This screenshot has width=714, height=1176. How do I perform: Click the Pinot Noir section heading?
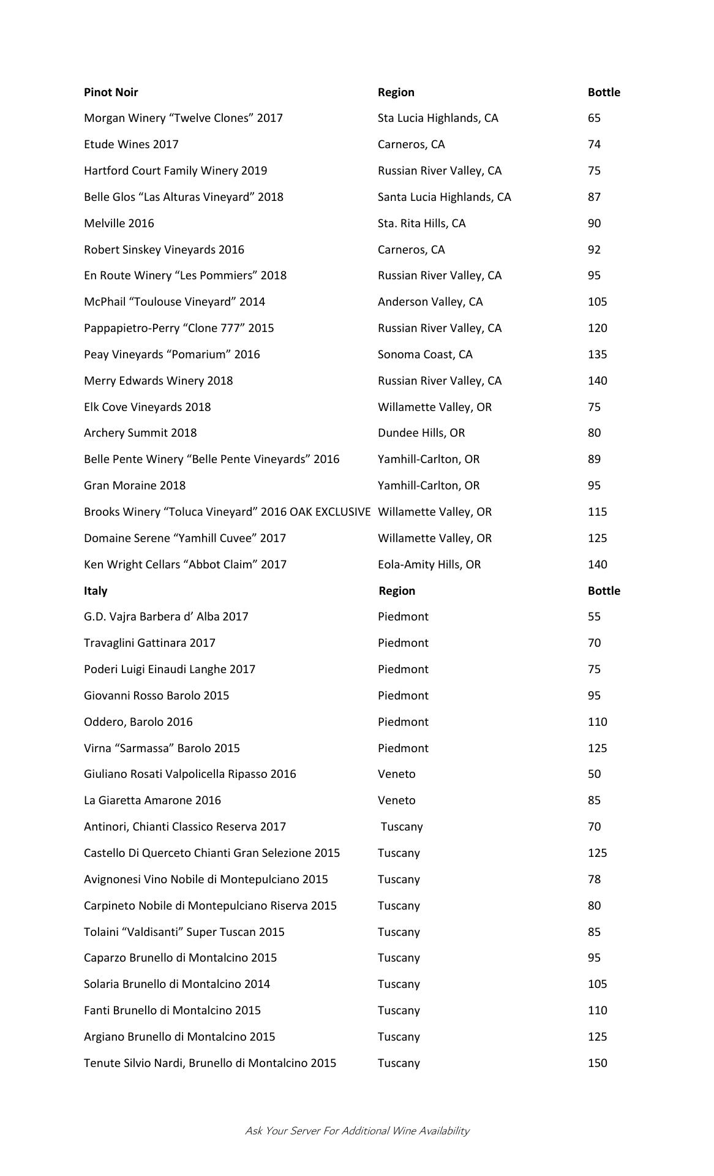(111, 92)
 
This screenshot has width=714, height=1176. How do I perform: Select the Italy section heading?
(96, 591)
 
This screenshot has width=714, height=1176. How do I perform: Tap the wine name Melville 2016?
(119, 224)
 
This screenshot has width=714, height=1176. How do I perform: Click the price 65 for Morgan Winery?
(594, 118)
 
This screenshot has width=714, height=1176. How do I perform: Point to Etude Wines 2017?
(131, 145)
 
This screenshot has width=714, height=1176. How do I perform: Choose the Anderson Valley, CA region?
(430, 302)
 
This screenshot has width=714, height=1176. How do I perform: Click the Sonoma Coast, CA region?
(425, 355)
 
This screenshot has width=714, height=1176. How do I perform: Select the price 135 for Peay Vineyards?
(597, 355)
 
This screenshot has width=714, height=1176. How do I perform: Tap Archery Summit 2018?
(140, 433)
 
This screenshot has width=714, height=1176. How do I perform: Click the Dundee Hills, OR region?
(421, 433)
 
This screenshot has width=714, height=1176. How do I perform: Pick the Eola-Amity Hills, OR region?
(429, 565)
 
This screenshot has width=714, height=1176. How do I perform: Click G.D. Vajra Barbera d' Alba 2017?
(166, 617)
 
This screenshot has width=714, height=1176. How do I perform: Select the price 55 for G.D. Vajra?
(594, 617)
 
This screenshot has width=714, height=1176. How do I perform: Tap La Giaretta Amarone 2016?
(152, 801)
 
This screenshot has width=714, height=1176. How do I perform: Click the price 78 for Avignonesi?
(594, 880)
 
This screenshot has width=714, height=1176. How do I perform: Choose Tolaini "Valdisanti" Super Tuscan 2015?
(184, 932)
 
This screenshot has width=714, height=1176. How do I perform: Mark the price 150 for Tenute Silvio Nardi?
(597, 1063)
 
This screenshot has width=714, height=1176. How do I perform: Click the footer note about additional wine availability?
(357, 1131)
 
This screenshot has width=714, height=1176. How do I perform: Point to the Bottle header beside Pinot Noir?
(604, 92)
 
